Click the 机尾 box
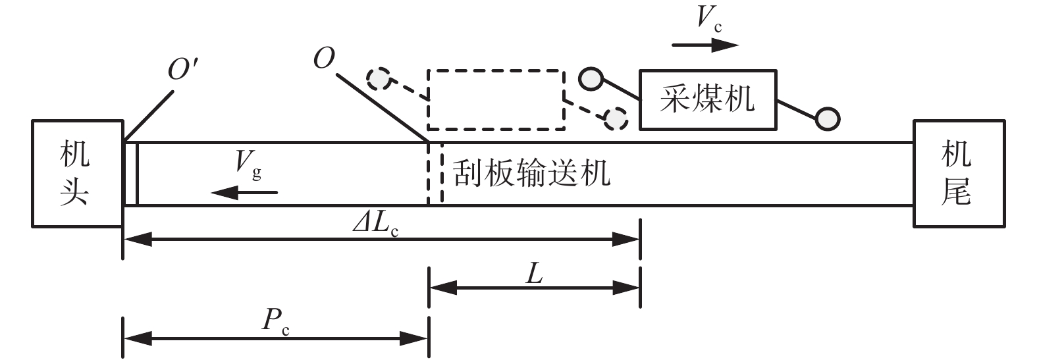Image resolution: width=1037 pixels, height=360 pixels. pyautogui.click(x=959, y=174)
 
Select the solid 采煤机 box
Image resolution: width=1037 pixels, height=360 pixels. pyautogui.click(x=708, y=99)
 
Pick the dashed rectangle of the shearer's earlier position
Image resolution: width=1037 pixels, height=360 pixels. pyautogui.click(x=496, y=99)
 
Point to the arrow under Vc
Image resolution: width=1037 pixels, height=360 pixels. pyautogui.click(x=705, y=45)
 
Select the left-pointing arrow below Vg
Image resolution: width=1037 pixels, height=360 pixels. pyautogui.click(x=244, y=192)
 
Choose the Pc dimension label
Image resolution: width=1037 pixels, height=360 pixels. pyautogui.click(x=276, y=321)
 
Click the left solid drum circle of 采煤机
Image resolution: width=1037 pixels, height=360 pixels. pyautogui.click(x=590, y=79)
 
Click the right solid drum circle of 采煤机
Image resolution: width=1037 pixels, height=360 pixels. pyautogui.click(x=827, y=119)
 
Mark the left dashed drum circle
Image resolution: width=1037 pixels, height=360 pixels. pyautogui.click(x=379, y=79)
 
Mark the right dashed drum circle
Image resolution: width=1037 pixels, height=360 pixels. pyautogui.click(x=616, y=118)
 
